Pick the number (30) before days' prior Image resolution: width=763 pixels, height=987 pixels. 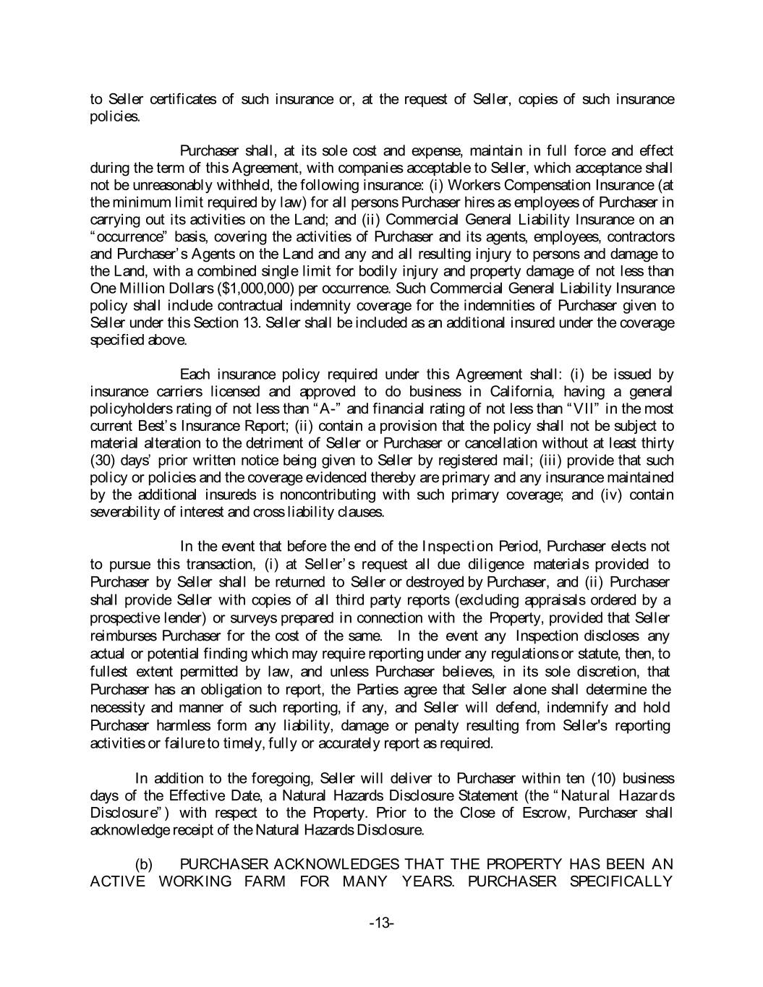(x=101, y=460)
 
